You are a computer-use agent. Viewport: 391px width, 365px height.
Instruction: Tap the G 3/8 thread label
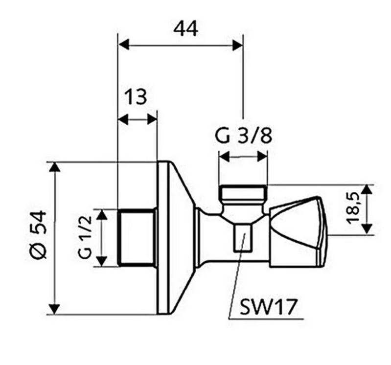(x=243, y=136)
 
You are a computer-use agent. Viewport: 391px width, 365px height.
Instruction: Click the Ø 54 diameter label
(x=37, y=237)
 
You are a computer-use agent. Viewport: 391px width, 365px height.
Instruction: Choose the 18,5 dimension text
(x=356, y=208)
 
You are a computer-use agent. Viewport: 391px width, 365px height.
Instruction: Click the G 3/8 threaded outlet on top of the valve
(x=243, y=193)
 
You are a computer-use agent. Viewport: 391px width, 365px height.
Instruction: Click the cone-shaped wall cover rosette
(x=174, y=238)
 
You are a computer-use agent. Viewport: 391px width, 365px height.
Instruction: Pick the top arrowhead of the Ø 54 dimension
(x=55, y=167)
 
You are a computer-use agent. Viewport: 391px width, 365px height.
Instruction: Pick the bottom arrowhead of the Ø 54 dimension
(x=55, y=309)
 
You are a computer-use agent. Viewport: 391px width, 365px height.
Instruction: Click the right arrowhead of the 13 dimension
(x=153, y=119)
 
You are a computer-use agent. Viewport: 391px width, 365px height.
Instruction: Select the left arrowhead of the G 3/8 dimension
(x=224, y=157)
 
